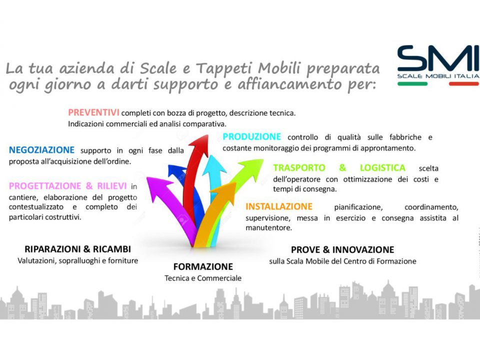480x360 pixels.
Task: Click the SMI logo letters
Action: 438,58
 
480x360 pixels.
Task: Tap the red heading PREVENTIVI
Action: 93,112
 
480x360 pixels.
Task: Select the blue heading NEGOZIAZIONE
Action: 41,150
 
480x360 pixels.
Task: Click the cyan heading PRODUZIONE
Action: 251,136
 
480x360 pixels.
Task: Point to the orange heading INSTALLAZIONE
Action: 279,206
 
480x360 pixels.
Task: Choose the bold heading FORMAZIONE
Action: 203,266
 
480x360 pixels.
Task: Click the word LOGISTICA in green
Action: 382,168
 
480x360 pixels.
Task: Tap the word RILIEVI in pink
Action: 111,186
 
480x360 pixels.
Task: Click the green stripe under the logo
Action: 412,83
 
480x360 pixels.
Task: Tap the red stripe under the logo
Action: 463,83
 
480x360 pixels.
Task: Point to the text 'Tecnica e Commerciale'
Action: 203,278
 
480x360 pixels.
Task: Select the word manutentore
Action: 268,228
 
